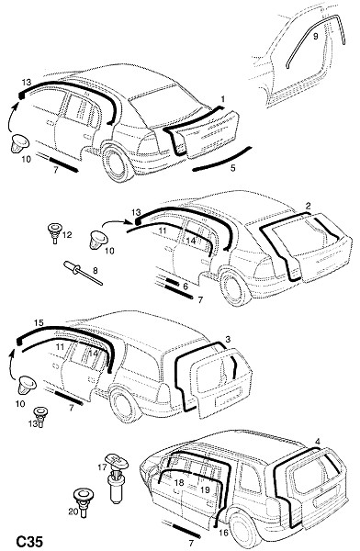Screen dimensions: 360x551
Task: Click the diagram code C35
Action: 30,542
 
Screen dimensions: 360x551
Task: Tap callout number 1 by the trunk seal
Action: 222,99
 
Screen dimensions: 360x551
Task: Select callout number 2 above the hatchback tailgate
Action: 308,206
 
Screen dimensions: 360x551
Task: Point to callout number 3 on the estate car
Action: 228,340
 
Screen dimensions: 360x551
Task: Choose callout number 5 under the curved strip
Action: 232,168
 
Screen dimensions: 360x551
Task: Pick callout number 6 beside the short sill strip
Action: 186,287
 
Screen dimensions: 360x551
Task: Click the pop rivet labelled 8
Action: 83,273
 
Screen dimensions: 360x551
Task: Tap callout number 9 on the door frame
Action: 315,36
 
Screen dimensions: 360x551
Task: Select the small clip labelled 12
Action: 54,232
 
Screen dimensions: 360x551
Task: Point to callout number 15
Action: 39,322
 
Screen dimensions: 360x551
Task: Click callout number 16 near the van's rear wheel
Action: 223,533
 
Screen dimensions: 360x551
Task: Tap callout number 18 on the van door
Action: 179,482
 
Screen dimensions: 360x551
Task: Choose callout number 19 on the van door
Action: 205,489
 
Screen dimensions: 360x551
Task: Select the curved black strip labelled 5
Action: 222,159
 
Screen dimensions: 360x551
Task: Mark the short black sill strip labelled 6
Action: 173,282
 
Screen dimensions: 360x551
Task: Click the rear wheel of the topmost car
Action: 118,162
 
